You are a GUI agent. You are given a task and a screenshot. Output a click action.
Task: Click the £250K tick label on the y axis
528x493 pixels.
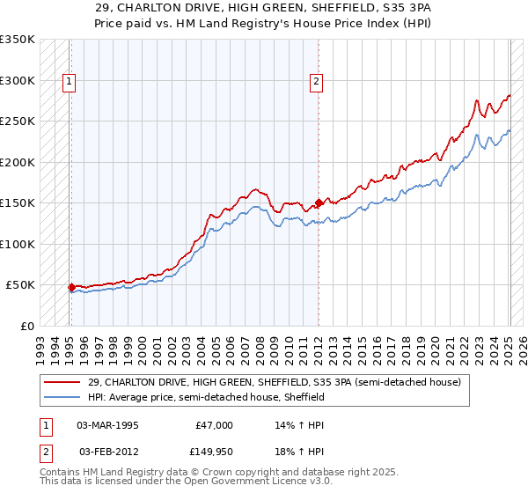tap(18, 121)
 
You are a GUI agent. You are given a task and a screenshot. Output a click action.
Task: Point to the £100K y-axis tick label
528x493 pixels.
tap(18, 244)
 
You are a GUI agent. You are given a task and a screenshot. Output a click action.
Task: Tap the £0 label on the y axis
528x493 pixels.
tap(26, 326)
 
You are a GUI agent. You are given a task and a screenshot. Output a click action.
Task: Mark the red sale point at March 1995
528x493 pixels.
tap(71, 287)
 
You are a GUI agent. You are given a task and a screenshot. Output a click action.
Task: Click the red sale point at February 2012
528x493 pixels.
tap(319, 203)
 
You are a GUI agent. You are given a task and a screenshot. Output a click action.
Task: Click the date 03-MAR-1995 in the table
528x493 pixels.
tap(107, 425)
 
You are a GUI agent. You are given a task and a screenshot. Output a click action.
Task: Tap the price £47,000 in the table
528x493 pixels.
tap(214, 425)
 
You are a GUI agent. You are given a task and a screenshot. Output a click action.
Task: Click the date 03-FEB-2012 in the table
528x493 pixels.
tap(107, 452)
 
